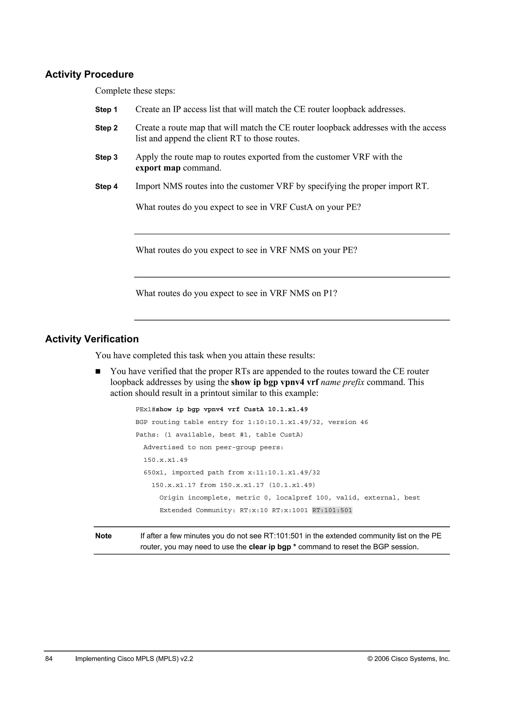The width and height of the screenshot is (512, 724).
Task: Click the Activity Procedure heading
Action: tap(89, 74)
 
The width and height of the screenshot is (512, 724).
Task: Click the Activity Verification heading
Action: tap(92, 339)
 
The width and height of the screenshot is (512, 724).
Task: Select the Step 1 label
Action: tap(106, 110)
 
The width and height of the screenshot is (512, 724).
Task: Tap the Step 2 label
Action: tap(106, 128)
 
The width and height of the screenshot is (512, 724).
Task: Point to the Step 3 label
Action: tap(106, 157)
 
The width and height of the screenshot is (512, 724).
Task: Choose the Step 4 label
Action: tap(106, 187)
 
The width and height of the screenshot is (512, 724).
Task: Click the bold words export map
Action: tap(158, 168)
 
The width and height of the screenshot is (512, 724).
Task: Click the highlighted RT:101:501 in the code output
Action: tap(332, 510)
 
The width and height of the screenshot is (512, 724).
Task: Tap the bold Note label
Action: tap(103, 536)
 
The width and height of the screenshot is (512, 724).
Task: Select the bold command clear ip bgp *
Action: tap(272, 547)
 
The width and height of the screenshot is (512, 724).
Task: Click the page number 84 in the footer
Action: tap(49, 659)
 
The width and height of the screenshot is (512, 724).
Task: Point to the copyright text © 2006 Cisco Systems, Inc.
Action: tap(408, 659)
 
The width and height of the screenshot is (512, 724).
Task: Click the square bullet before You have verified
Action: tap(98, 371)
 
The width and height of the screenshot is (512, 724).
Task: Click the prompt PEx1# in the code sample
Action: tap(145, 409)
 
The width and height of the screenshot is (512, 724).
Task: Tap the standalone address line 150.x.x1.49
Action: tap(165, 460)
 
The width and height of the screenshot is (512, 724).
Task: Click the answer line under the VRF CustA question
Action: tap(292, 234)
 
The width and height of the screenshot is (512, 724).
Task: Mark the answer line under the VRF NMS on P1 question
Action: tap(292, 320)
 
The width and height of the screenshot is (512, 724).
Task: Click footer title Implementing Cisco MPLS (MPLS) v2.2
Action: tap(134, 659)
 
